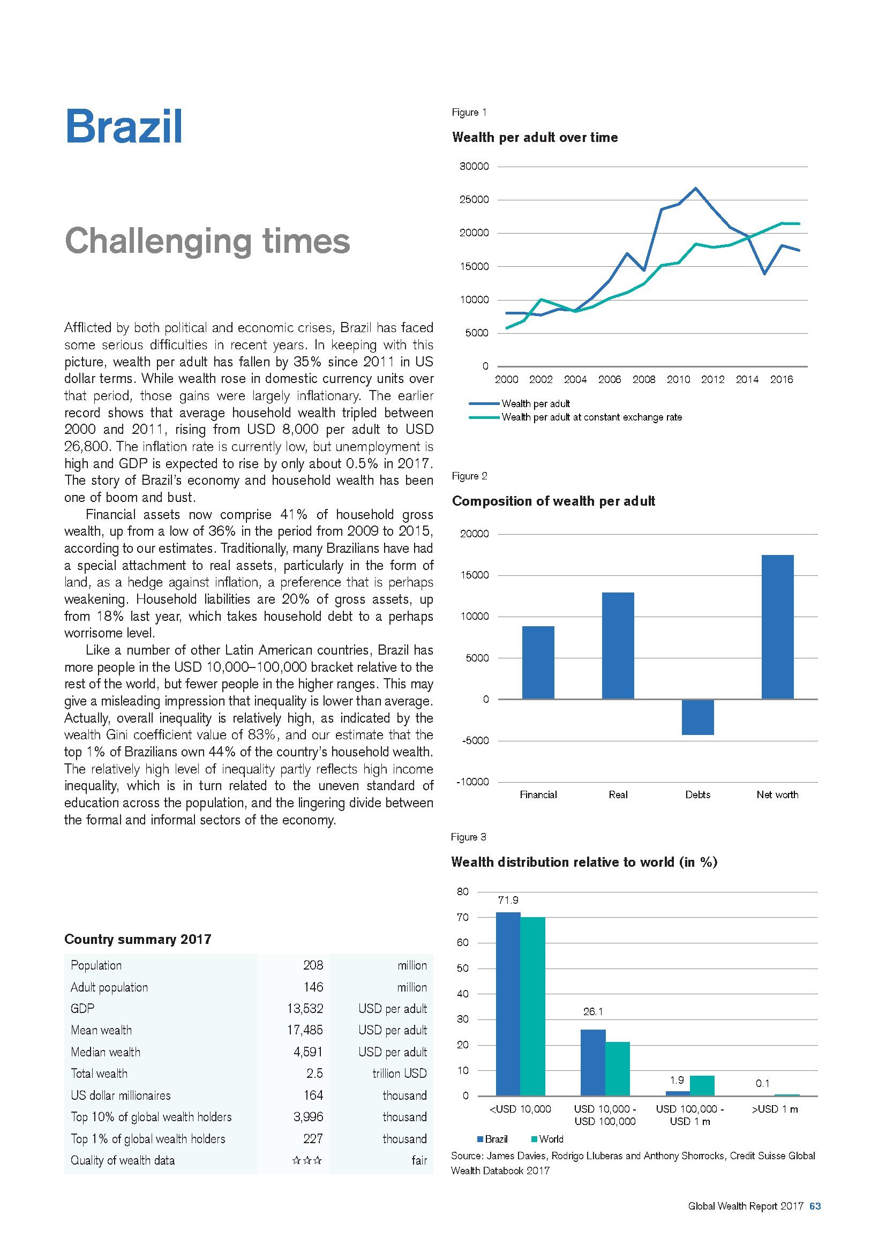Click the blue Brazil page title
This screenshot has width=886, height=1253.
pyautogui.click(x=124, y=127)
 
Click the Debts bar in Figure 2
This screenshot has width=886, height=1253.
pyautogui.click(x=698, y=717)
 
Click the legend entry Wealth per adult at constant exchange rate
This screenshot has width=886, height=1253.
pyautogui.click(x=591, y=417)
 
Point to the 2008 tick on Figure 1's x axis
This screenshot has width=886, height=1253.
pyautogui.click(x=644, y=380)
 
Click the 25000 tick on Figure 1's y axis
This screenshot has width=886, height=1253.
pyautogui.click(x=474, y=200)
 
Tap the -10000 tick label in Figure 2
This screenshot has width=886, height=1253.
pyautogui.click(x=472, y=782)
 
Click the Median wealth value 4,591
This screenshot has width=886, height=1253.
pyautogui.click(x=308, y=1052)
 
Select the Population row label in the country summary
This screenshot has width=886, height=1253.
pyautogui.click(x=96, y=965)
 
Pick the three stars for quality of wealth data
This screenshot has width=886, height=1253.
pyautogui.click(x=307, y=1160)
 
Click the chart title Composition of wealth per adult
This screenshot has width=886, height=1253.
pyautogui.click(x=553, y=501)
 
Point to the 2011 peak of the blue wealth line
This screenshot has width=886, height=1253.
pyautogui.click(x=696, y=188)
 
